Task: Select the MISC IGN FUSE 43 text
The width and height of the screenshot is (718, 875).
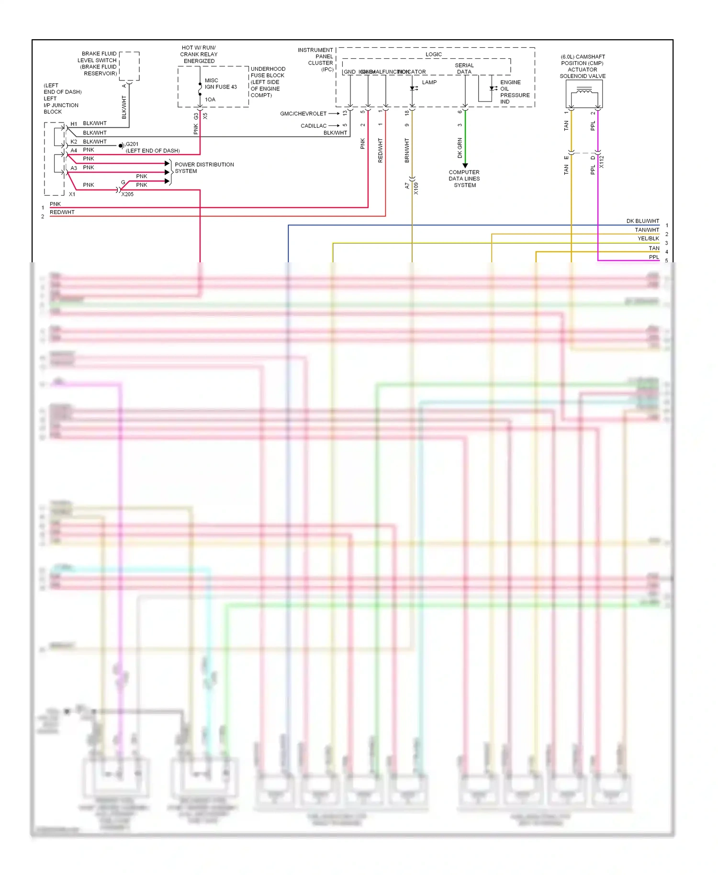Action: tap(221, 84)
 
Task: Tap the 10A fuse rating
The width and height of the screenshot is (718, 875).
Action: tap(210, 100)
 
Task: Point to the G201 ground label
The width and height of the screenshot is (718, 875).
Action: tap(132, 144)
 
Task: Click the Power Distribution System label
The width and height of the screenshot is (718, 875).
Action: tap(204, 168)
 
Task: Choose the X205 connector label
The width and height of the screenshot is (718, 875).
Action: tap(127, 194)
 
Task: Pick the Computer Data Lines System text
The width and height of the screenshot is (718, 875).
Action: tap(464, 179)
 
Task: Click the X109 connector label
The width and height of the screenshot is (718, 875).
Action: tap(416, 188)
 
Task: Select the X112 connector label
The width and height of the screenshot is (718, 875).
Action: tap(602, 162)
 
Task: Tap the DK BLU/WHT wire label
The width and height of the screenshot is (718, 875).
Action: tap(642, 221)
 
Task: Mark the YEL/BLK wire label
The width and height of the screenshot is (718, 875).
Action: tap(648, 238)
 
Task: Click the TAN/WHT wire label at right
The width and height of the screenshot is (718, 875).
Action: tap(647, 230)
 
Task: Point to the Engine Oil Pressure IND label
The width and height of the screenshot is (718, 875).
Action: tap(515, 92)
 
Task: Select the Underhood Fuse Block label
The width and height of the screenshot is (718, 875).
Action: tap(268, 82)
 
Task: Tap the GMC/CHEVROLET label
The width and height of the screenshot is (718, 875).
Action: tap(303, 114)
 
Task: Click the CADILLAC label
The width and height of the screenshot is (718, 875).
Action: tap(314, 126)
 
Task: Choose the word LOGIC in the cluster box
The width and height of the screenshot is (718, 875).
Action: tap(434, 55)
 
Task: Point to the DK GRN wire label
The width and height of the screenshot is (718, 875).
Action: tap(460, 148)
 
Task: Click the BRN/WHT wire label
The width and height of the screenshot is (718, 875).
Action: tap(407, 150)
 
